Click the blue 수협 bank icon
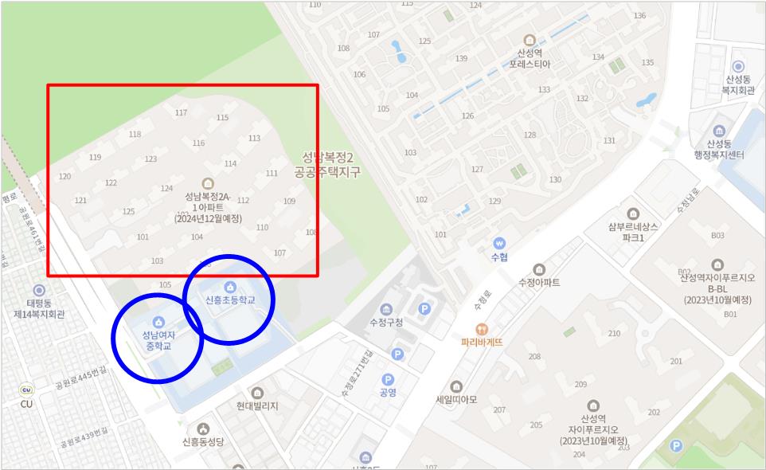[499, 243]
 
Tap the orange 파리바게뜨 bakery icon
[481, 329]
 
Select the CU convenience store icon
[27, 390]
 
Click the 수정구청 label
[386, 323]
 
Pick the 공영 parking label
[388, 393]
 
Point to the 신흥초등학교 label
[230, 300]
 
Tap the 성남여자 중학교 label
[158, 340]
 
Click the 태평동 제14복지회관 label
[39, 308]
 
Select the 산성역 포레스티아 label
[530, 58]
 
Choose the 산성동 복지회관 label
[738, 85]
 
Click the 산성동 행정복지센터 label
[718, 149]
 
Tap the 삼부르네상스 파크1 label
[633, 232]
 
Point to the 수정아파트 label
[539, 282]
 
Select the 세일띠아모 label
[456, 400]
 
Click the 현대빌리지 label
[257, 405]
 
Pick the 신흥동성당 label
[204, 441]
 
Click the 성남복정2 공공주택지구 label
[327, 164]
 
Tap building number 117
[181, 113]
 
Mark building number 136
[639, 16]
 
